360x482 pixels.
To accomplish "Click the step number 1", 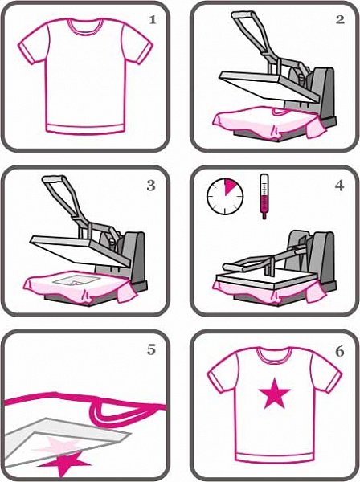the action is coord(153,20).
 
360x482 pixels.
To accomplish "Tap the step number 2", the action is coord(340,19).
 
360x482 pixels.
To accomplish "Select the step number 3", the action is coord(151,186).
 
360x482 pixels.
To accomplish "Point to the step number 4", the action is coord(339,186).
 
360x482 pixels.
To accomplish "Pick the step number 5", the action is coord(151,350).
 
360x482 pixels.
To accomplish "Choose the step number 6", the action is coord(339,351).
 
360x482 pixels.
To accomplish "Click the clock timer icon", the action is coord(225,196).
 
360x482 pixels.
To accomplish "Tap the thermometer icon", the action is coord(264,197).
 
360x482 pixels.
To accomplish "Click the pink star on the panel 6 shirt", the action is coord(274,394).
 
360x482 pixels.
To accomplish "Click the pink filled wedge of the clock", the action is coord(230,187).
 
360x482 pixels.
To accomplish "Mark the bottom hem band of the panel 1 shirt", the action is coord(84,129).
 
